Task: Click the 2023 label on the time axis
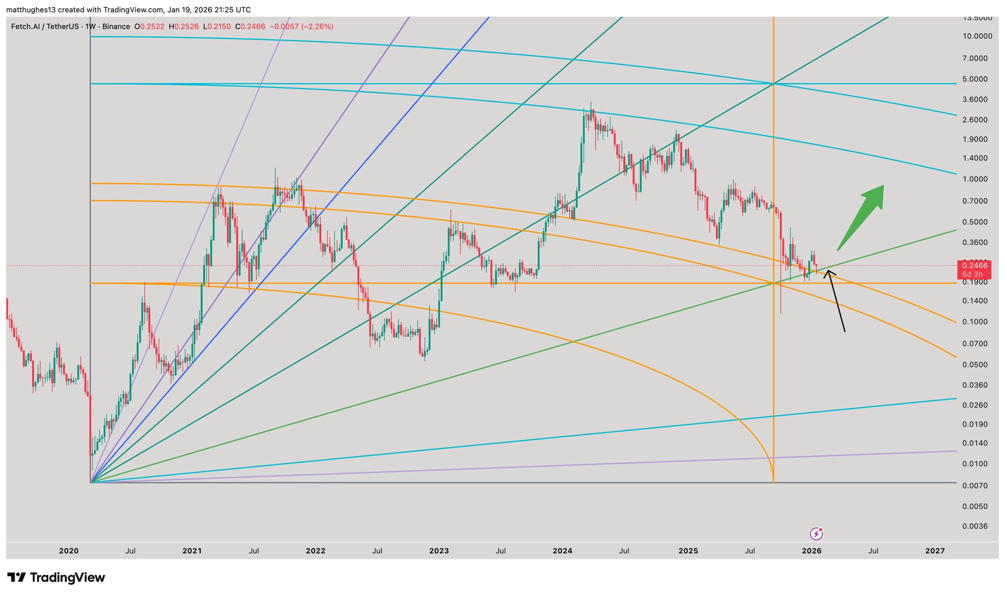[x=439, y=551]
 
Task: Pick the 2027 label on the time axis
[x=935, y=551]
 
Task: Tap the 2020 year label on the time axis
[x=69, y=551]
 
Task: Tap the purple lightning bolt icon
[x=816, y=533]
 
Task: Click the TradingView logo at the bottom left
[x=56, y=577]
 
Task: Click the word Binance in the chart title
[x=116, y=26]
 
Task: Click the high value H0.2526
[x=184, y=26]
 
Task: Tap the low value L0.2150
[x=216, y=26]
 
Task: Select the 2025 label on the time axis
[x=688, y=551]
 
